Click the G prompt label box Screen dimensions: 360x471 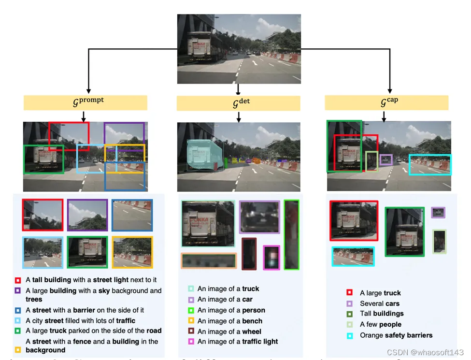pyautogui.click(x=86, y=102)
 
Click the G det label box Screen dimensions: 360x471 pyautogui.click(x=238, y=103)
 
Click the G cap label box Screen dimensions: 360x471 pyautogui.click(x=386, y=102)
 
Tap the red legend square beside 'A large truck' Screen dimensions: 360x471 pyautogui.click(x=349, y=293)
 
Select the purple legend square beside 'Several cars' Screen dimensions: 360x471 pyautogui.click(x=349, y=303)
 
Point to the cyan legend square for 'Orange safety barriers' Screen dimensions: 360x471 pyautogui.click(x=349, y=335)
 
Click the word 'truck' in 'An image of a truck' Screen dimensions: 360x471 pyautogui.click(x=251, y=289)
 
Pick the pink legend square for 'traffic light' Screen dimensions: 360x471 pyautogui.click(x=191, y=342)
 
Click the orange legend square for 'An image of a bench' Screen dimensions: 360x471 pyautogui.click(x=191, y=321)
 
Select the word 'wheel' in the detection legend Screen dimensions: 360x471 pyautogui.click(x=252, y=331)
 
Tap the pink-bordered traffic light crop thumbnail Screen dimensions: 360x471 pyautogui.click(x=271, y=258)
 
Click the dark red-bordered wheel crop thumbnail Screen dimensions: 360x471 pyautogui.click(x=249, y=253)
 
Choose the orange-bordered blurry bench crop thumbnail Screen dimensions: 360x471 pyautogui.click(x=209, y=261)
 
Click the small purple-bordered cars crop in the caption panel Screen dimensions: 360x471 pyautogui.click(x=438, y=213)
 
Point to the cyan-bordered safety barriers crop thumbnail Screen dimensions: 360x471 pyautogui.click(x=353, y=257)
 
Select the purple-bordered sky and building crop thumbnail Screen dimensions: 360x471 pyautogui.click(x=87, y=215)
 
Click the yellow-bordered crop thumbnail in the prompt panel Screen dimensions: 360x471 pyautogui.click(x=132, y=252)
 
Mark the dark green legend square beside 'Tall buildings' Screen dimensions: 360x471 pyautogui.click(x=349, y=314)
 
